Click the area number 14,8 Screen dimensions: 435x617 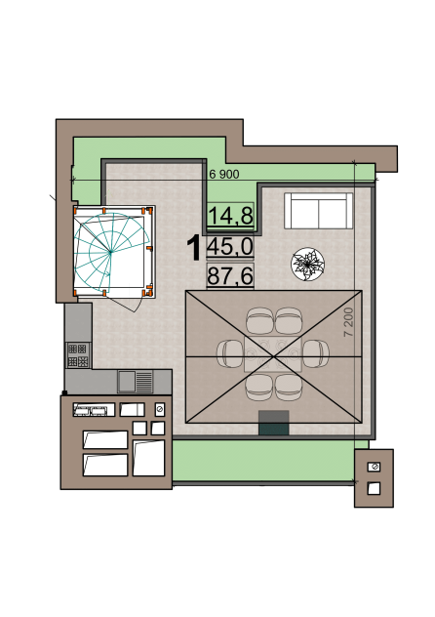coord(230,215)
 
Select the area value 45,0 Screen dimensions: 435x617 coord(230,247)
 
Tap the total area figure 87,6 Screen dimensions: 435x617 coord(230,275)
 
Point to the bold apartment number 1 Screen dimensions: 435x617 coord(194,248)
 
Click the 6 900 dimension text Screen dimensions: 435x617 coord(224,175)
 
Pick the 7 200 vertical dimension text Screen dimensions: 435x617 coord(348,322)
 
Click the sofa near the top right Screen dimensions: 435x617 coord(319,211)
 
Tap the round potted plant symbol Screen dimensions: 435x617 coord(307,264)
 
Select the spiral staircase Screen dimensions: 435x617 coord(111,252)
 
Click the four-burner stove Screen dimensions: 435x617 coord(78,355)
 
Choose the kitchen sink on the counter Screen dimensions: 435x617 coord(136,381)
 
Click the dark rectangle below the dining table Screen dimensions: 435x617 coord(274,423)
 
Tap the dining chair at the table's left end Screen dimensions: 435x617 coord(229,353)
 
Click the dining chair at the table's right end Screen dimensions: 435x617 coord(317,353)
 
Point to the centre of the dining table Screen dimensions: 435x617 coord(273,354)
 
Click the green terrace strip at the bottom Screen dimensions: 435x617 coord(264,460)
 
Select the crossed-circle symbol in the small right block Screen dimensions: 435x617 coord(374,467)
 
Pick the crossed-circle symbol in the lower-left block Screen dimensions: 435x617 coord(160,409)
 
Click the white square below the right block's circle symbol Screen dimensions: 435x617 coord(374,488)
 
